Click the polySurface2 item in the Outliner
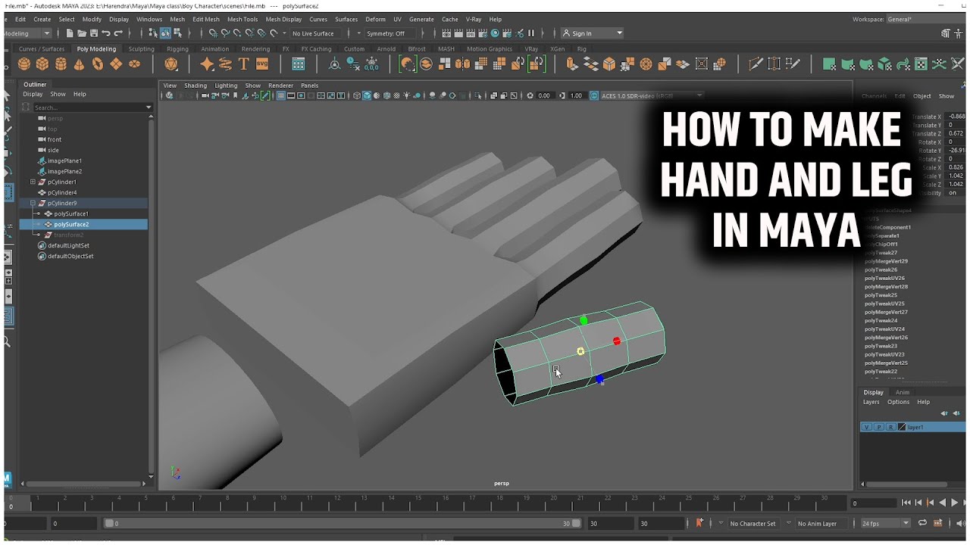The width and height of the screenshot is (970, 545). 71,225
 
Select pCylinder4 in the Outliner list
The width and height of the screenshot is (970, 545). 62,193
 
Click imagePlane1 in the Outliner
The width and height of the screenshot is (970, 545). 64,161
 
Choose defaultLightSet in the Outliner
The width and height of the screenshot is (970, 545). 68,246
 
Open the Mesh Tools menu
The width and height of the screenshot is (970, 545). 242,20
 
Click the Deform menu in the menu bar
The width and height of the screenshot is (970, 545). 375,20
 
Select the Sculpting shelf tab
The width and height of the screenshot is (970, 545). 141,49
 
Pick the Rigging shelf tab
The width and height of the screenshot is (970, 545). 177,49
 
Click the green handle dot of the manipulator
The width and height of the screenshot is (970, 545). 584,321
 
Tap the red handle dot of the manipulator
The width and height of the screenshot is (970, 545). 617,341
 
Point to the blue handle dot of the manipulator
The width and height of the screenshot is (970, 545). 599,379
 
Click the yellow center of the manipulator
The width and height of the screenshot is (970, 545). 580,351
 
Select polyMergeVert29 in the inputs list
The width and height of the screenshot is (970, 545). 886,261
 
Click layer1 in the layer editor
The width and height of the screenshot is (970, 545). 915,428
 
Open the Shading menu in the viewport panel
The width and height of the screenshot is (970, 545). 196,86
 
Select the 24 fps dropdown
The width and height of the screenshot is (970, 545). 884,524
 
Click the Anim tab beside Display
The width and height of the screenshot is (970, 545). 902,392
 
